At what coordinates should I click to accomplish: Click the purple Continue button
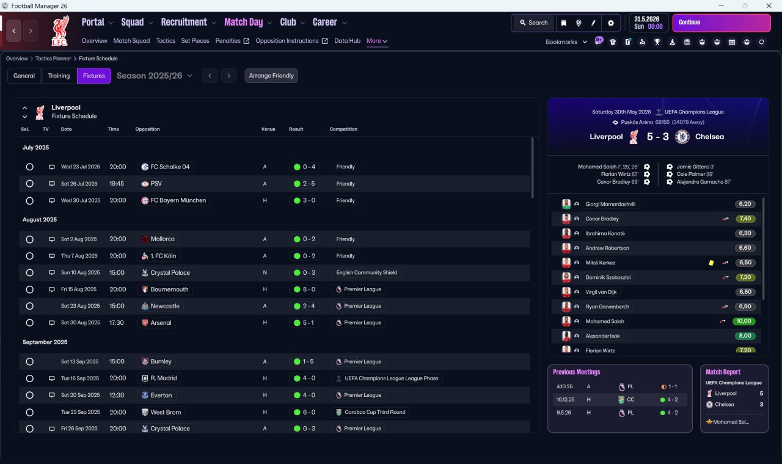pos(722,23)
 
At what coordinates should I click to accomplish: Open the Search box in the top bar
pos(533,23)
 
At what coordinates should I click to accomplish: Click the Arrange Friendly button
pos(271,76)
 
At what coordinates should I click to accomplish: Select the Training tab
pos(59,76)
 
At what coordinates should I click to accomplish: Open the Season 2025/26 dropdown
pos(155,76)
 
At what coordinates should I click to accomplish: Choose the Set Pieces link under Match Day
pos(195,41)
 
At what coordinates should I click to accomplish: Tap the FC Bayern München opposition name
pos(178,200)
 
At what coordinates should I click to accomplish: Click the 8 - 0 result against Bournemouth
pos(309,289)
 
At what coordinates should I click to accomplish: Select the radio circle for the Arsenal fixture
pos(30,323)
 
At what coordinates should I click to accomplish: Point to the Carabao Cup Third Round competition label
pos(375,412)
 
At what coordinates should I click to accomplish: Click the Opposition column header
pos(147,129)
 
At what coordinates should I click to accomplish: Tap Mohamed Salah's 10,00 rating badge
pos(744,321)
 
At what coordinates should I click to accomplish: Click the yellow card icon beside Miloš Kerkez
pos(711,263)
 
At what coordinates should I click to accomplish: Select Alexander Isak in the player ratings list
pos(602,336)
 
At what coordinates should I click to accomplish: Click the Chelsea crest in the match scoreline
pos(682,137)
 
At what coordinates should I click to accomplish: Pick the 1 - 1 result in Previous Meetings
pos(673,386)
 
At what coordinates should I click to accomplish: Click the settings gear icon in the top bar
pos(610,23)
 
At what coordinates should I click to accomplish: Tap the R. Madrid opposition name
pos(163,378)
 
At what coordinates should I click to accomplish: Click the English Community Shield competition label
pos(367,272)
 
